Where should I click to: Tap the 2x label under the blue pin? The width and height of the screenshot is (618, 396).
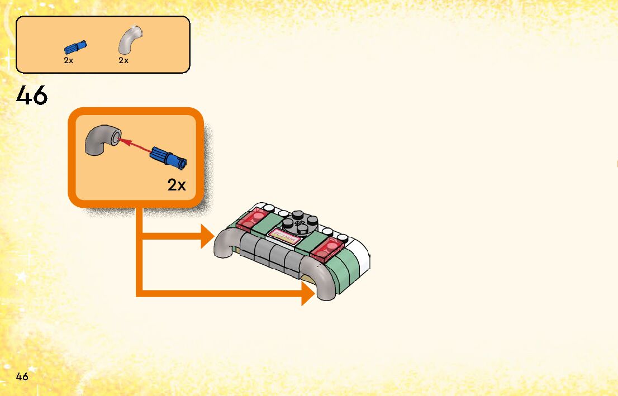(x=68, y=60)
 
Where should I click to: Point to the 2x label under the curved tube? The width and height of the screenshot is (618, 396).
(x=123, y=60)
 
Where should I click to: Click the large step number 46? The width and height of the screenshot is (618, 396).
(x=32, y=96)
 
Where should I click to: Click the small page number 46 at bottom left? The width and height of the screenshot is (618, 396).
(x=22, y=376)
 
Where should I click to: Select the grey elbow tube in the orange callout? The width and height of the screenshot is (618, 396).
(x=101, y=140)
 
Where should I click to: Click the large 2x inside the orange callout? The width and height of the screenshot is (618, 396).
(x=177, y=185)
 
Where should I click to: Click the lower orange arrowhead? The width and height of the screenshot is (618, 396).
(x=307, y=293)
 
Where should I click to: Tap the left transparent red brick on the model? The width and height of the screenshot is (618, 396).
(x=253, y=220)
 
